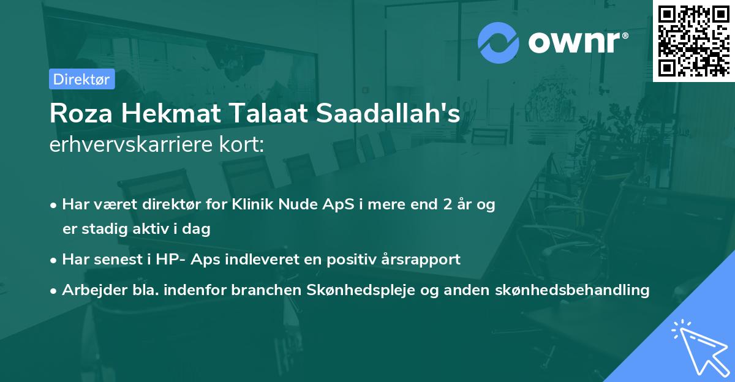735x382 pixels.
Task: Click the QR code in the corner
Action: tap(693, 41)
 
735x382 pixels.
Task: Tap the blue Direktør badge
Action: tap(81, 79)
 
